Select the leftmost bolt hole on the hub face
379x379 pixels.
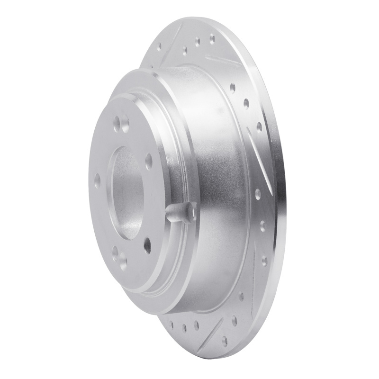click(x=98, y=180)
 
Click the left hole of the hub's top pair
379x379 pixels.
click(x=115, y=126)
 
